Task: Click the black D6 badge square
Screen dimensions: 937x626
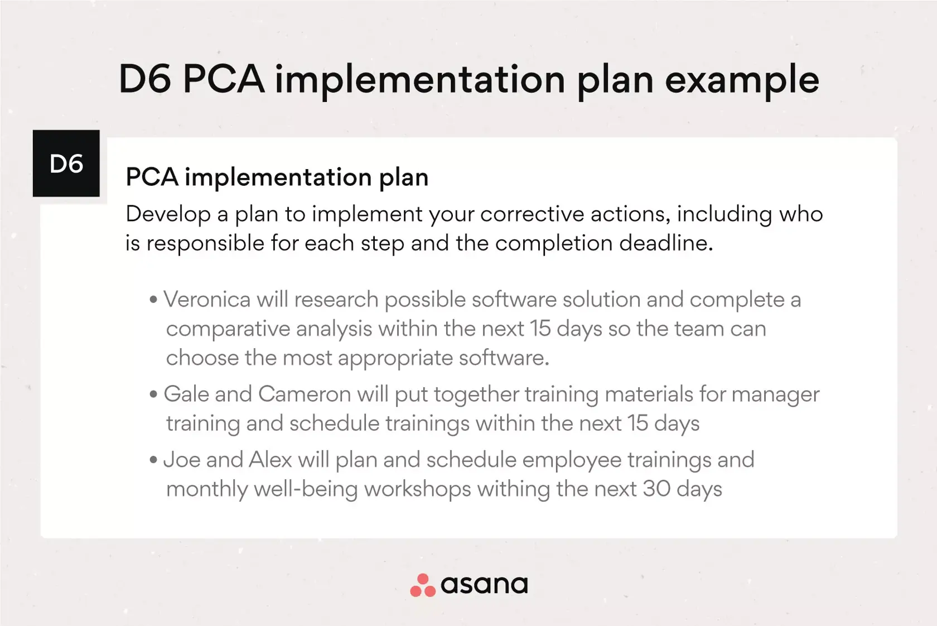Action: pyautogui.click(x=66, y=163)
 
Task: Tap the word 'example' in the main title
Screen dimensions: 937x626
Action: pyautogui.click(x=742, y=81)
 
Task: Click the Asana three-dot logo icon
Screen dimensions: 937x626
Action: pyautogui.click(x=423, y=585)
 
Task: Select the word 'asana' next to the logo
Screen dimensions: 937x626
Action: pyautogui.click(x=484, y=585)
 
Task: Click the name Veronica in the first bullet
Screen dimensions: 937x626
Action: pyautogui.click(x=206, y=300)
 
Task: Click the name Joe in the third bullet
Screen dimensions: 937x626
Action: pyautogui.click(x=182, y=460)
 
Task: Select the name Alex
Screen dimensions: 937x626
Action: pyautogui.click(x=270, y=460)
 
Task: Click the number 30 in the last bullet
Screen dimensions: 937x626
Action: pyautogui.click(x=656, y=489)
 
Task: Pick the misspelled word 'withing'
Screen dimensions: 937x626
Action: pyautogui.click(x=513, y=490)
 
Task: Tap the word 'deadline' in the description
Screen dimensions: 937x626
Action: pyautogui.click(x=666, y=243)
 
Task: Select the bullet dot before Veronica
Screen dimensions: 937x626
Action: pyautogui.click(x=153, y=300)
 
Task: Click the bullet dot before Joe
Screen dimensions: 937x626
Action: pyautogui.click(x=153, y=460)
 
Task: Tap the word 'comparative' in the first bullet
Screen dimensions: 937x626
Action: pyautogui.click(x=228, y=329)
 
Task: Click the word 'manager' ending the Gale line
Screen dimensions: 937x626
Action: pyautogui.click(x=775, y=395)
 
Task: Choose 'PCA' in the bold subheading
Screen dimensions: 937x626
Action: pyautogui.click(x=152, y=177)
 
